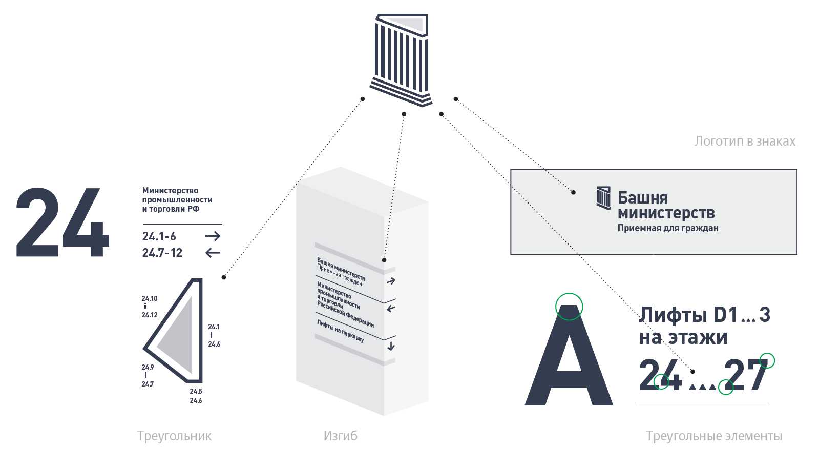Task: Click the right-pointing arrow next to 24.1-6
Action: coord(213,236)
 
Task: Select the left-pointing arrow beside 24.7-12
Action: coord(213,252)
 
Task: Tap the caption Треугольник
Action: coord(174,436)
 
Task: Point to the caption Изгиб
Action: coord(340,436)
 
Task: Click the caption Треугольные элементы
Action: coord(713,436)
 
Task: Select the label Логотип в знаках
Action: coord(745,141)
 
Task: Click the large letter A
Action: coord(569,359)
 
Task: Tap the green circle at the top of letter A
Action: coord(569,307)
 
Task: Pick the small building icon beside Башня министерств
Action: coord(604,198)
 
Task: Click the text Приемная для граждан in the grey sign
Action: coord(667,228)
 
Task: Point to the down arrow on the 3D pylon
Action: coord(391,346)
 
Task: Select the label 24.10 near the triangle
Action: coord(150,298)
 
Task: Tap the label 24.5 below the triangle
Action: coord(196,391)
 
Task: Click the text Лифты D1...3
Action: coord(705,315)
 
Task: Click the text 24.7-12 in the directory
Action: coord(162,252)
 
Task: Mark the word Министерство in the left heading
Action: coord(170,190)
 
